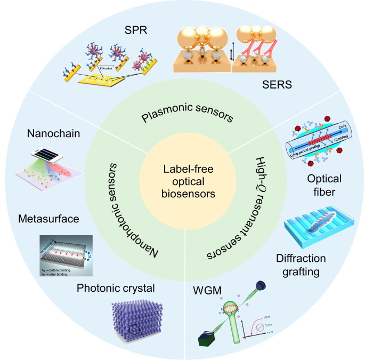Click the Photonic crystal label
click(116, 288)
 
